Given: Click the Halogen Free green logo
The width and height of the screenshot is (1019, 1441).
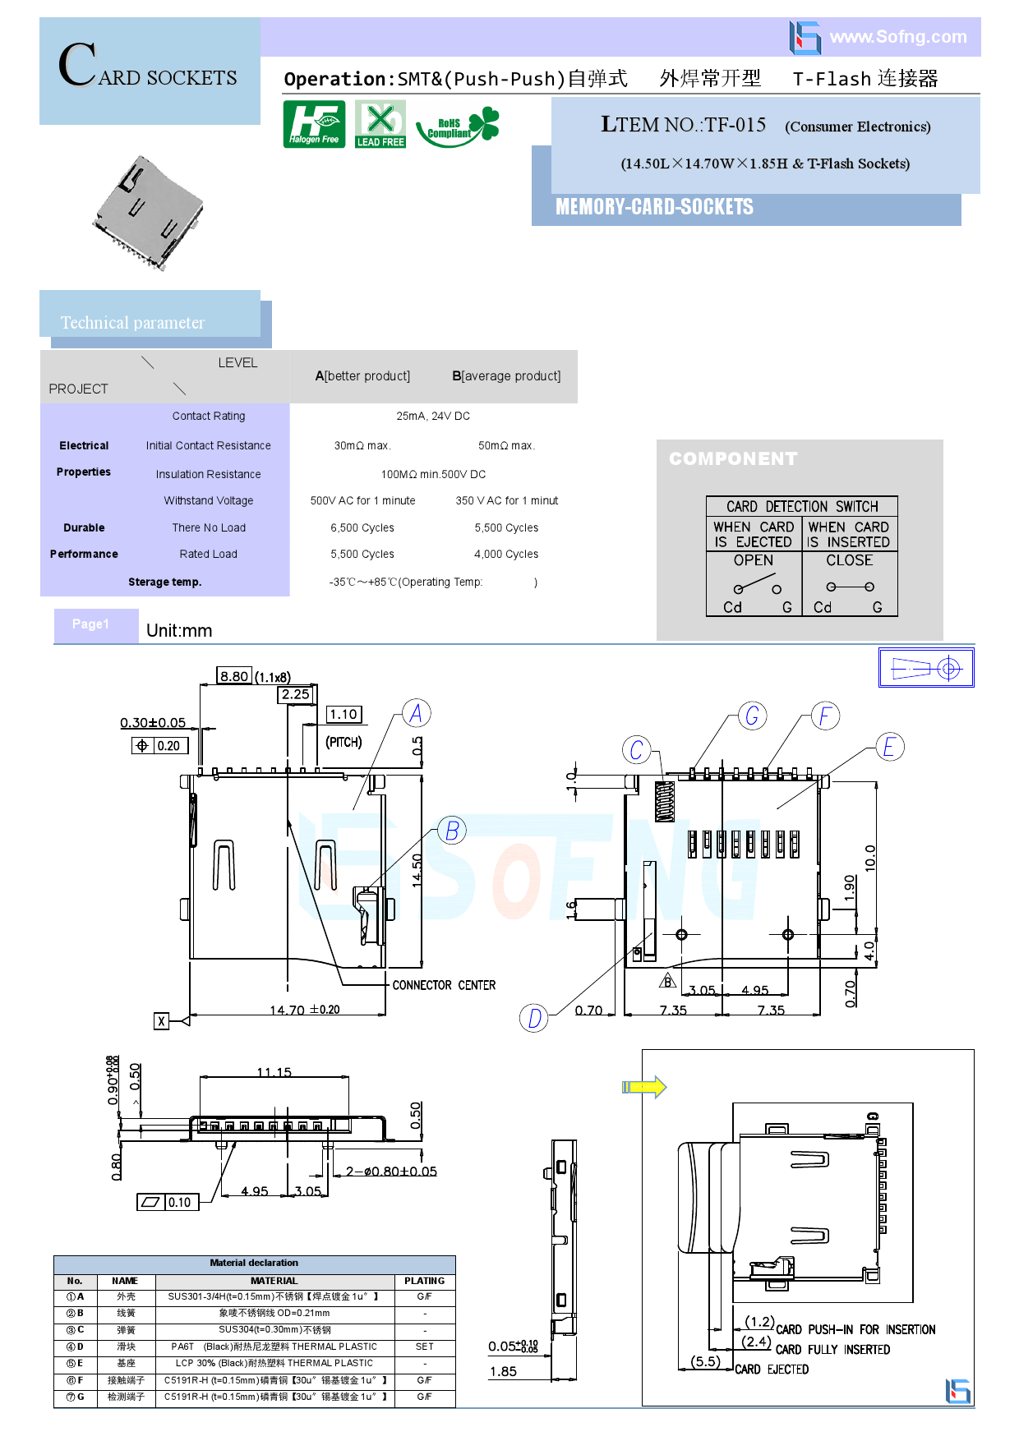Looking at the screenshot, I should click(314, 124).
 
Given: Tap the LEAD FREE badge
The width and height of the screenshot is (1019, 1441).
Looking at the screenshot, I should click(380, 124).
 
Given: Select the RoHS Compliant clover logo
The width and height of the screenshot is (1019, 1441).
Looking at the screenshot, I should click(458, 126).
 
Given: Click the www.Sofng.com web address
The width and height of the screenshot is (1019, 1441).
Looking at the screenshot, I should click(897, 37).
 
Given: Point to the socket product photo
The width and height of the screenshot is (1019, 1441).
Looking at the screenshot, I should click(148, 213).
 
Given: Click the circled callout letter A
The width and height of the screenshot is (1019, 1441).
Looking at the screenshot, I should click(416, 713).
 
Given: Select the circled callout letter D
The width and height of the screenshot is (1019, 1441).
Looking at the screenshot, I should click(534, 1018).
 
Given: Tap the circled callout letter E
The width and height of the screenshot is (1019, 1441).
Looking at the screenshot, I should click(888, 747).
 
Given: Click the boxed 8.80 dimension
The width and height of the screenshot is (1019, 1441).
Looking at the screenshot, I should click(234, 676).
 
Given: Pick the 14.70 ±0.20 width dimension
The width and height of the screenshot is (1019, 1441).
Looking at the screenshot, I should click(304, 1010).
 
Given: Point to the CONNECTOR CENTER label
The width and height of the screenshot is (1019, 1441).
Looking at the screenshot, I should click(444, 985).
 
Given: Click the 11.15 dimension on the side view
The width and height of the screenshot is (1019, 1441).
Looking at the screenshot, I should click(274, 1072).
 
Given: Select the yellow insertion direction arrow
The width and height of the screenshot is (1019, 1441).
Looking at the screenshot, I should click(644, 1087).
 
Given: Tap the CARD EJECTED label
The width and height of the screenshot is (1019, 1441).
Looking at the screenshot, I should click(772, 1370).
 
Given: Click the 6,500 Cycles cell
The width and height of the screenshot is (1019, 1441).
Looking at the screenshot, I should click(362, 528).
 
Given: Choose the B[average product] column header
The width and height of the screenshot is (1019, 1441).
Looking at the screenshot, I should click(506, 376).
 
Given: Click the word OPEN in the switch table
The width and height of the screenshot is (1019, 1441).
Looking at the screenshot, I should click(754, 560).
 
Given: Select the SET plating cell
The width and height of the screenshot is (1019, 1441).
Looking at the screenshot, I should click(424, 1347).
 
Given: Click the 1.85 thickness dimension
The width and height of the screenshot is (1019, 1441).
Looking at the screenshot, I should click(503, 1371).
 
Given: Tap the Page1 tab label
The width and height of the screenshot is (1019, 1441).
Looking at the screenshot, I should click(90, 624).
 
